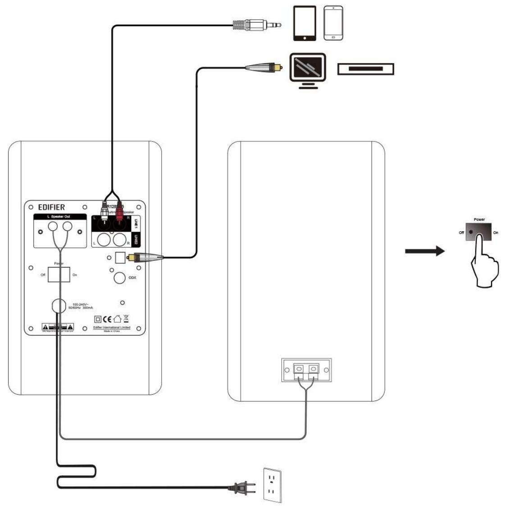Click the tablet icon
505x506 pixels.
(x=305, y=23)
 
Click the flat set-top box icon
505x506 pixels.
(x=365, y=69)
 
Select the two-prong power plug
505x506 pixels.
(x=242, y=487)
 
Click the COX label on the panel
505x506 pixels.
(x=132, y=278)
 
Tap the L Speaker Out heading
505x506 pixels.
(x=59, y=217)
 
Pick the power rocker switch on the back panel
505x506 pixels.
(x=59, y=274)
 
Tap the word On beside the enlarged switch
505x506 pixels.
(x=496, y=233)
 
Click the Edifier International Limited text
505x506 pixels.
(x=112, y=328)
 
